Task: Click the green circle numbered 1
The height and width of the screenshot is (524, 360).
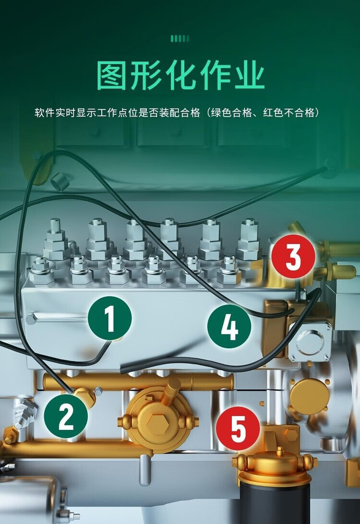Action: pos(109,318)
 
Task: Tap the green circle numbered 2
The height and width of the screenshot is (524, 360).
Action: pos(66,416)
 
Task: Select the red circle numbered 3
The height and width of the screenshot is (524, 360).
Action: pos(293,256)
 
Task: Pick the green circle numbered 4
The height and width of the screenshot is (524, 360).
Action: pos(229,326)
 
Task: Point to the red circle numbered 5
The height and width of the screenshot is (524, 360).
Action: pos(238,428)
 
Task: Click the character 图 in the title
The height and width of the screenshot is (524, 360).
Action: pos(112,75)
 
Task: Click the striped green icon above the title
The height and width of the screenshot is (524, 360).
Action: pos(180,39)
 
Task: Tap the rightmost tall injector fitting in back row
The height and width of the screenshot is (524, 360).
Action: pos(249,239)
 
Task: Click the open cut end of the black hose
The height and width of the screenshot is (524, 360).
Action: pos(123,369)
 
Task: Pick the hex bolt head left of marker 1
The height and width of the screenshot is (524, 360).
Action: pos(31,319)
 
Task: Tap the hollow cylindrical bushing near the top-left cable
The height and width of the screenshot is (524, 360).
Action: pos(60,181)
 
